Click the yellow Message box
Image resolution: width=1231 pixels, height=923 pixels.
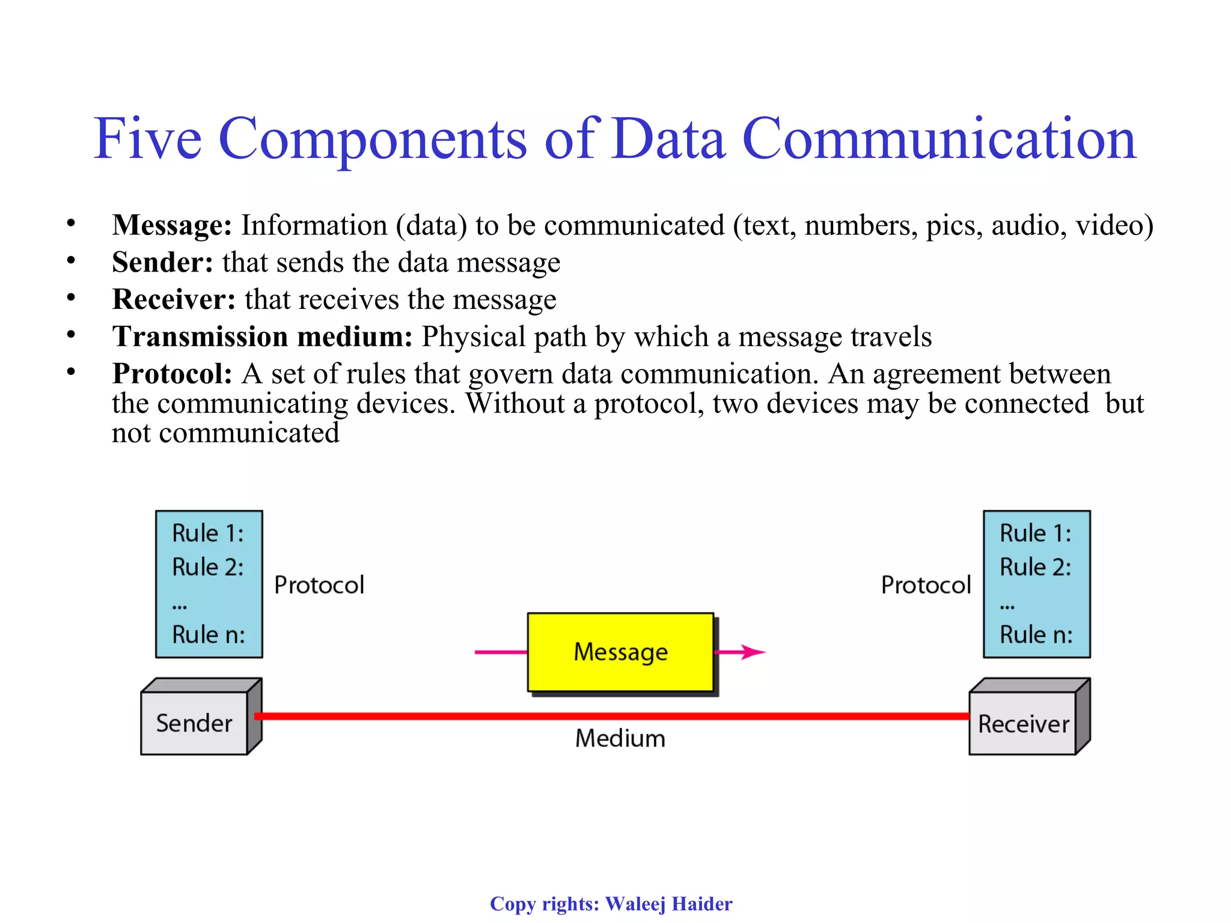[x=620, y=652]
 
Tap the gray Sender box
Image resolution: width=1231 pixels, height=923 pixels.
[x=194, y=723]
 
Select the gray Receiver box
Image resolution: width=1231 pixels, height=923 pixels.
[x=1023, y=723]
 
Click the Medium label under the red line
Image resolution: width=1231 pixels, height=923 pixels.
[x=620, y=739]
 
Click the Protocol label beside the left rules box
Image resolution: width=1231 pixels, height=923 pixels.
[x=319, y=585]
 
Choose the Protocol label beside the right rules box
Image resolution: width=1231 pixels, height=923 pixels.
[x=926, y=585]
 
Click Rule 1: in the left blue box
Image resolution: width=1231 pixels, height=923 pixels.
[x=208, y=533]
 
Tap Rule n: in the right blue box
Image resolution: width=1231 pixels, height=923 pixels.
[x=1036, y=635]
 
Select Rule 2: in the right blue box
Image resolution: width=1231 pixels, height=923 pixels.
[x=1035, y=567]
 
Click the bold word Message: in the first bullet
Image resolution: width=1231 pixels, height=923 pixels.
[x=172, y=225]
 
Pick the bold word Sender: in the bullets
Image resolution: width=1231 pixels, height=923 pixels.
[x=162, y=263]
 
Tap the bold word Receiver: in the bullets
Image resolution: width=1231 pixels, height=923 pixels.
[x=174, y=299]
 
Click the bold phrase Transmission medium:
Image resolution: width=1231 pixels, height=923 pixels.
[x=262, y=337]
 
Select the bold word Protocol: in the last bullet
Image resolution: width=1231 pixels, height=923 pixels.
[x=172, y=374]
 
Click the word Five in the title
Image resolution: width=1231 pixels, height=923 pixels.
[x=147, y=139]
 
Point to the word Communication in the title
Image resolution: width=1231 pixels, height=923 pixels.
[x=939, y=139]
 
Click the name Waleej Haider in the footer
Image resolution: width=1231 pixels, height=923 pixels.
[x=668, y=904]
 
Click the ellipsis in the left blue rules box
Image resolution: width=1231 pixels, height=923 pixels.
[x=179, y=607]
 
